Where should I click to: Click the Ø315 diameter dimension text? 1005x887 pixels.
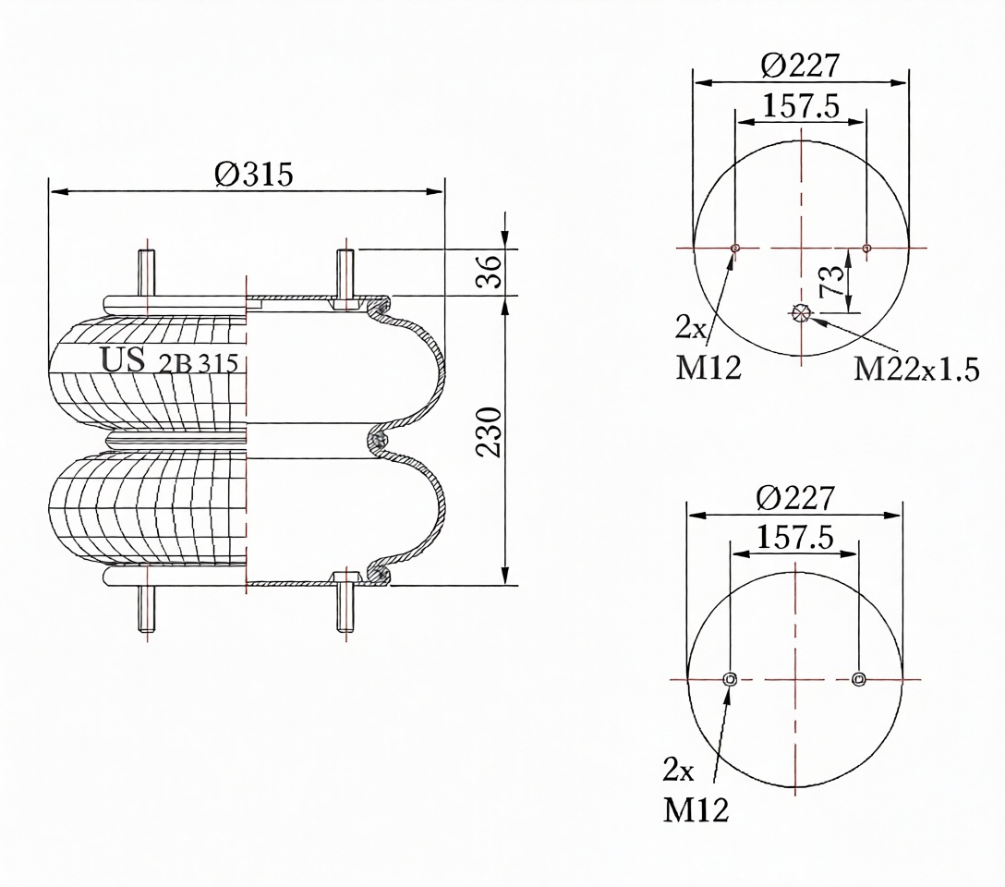254,174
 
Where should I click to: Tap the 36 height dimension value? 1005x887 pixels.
490,272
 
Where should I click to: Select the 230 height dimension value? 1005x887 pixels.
489,431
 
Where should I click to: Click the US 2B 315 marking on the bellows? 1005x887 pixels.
169,361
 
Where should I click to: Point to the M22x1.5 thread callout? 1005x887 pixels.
916,370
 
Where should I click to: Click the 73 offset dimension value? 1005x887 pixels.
831,280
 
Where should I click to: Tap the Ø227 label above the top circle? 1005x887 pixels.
800,65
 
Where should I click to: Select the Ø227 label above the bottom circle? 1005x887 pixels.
795,497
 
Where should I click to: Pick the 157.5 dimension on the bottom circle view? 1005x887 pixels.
794,537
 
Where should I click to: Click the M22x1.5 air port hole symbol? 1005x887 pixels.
801,312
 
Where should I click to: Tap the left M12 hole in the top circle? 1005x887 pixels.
735,248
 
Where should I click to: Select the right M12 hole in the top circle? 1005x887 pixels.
866,248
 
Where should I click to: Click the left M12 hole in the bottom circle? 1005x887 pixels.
730,679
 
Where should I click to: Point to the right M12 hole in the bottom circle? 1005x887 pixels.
859,679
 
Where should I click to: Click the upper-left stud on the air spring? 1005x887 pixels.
147,273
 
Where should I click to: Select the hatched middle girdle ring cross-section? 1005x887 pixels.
380,441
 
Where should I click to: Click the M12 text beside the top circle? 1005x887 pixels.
708,368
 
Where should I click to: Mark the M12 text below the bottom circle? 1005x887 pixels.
696,810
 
